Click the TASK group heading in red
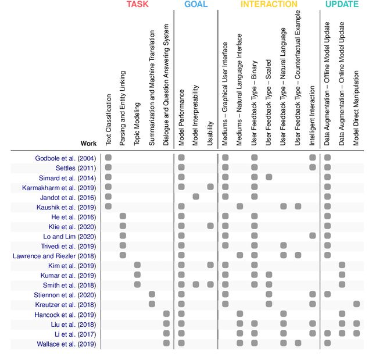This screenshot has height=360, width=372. click(138, 5)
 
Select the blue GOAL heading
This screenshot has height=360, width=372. click(196, 5)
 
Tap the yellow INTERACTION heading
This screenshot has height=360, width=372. click(269, 5)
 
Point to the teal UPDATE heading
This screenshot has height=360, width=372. click(341, 5)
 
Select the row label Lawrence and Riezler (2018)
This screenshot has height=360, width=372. click(55, 256)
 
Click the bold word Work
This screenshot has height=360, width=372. click(89, 143)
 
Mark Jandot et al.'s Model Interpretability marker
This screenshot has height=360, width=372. click(196, 197)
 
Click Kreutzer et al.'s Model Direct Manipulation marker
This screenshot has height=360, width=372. click(356, 304)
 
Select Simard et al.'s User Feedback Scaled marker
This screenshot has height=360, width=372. click(269, 177)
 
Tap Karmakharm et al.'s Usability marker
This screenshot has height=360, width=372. click(210, 187)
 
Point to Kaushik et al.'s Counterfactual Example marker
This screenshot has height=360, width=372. click(298, 206)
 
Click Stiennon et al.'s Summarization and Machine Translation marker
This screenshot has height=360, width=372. click(152, 294)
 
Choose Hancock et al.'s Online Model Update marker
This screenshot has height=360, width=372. click(342, 314)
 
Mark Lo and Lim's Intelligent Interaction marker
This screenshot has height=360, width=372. click(313, 236)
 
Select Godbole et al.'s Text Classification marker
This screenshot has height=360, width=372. click(108, 158)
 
